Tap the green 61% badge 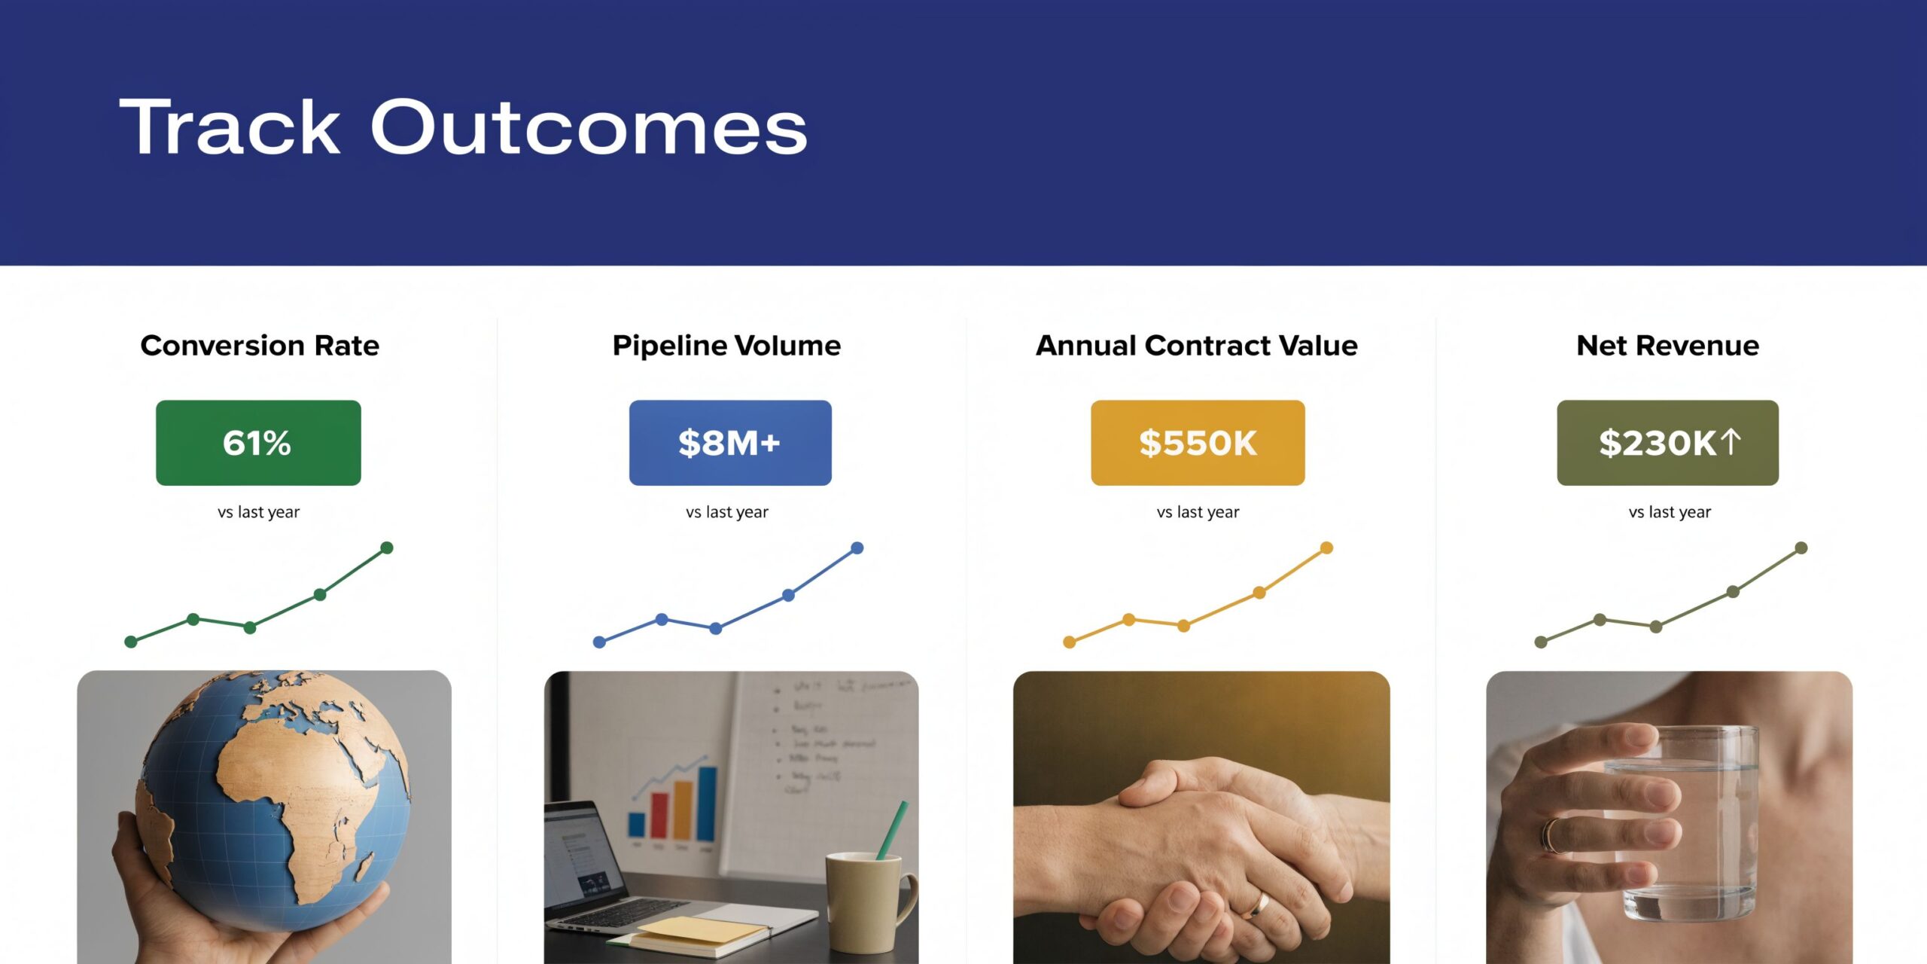258,443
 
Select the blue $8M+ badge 730,443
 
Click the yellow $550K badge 1198,443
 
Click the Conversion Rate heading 260,346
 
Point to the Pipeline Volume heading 726,346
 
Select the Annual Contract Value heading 1197,346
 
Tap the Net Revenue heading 1668,346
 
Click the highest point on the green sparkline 387,548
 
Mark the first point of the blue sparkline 599,642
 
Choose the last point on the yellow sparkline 1327,548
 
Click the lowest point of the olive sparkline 1541,642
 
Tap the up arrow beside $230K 1731,441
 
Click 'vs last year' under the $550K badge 1198,512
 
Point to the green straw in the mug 893,828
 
